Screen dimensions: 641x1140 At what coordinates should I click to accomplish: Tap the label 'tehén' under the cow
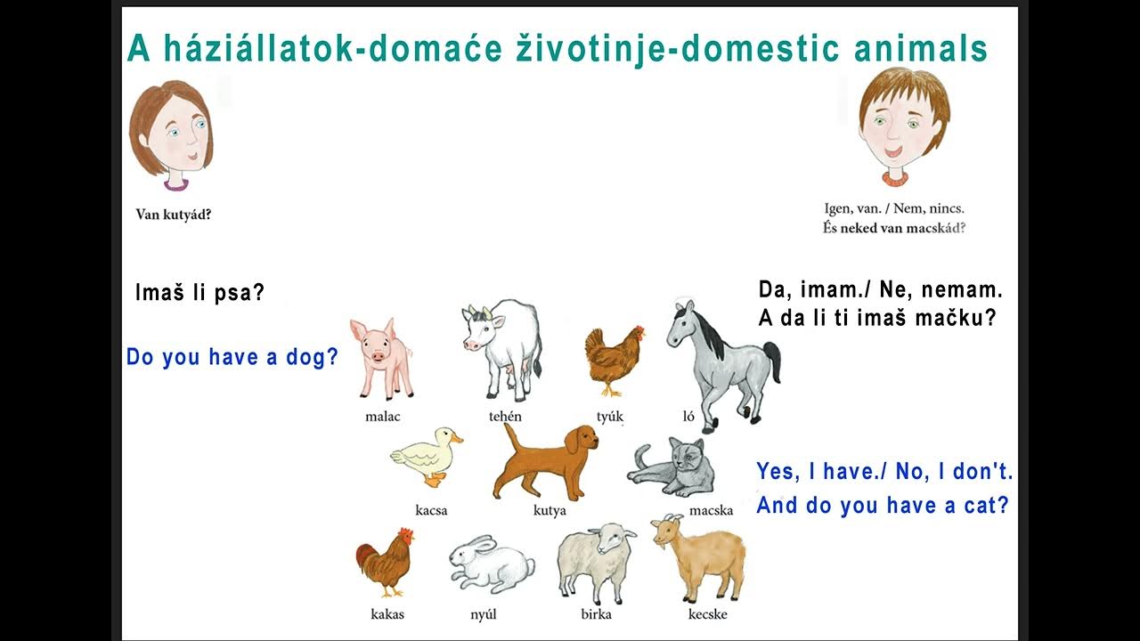505,416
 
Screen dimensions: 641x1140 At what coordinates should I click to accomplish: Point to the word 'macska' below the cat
711,510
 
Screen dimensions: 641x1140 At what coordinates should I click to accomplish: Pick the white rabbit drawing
490,564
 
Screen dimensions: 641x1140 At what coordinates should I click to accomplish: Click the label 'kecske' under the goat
707,614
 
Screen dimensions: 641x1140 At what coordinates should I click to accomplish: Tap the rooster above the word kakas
386,561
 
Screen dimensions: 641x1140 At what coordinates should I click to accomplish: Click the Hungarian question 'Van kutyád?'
173,214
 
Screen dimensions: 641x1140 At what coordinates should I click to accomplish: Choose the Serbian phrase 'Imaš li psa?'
199,293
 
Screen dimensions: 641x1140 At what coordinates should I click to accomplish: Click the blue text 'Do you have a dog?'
232,358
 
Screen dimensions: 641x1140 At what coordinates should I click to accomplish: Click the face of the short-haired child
901,128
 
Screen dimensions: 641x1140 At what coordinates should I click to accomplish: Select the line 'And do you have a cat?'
882,506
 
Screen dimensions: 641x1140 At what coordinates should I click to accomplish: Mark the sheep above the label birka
596,561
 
